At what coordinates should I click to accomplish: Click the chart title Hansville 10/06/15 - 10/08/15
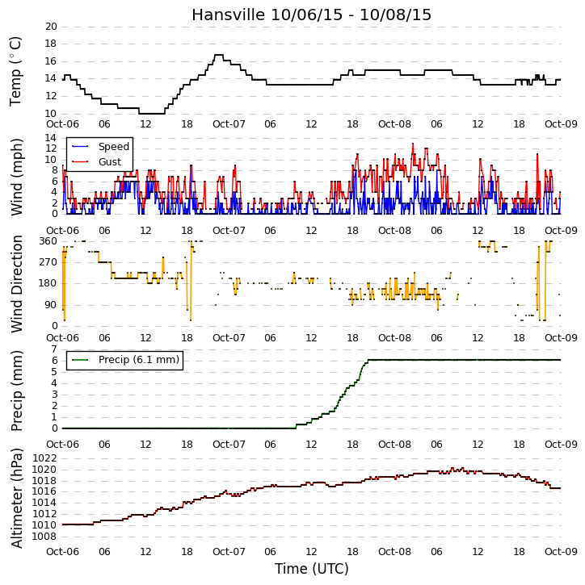pyautogui.click(x=312, y=15)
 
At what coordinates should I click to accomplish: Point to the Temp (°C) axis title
pyautogui.click(x=15, y=71)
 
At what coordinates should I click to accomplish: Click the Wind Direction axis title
pyautogui.click(x=16, y=284)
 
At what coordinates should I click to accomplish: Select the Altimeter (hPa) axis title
pyautogui.click(x=16, y=498)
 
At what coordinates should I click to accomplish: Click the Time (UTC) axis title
pyautogui.click(x=312, y=569)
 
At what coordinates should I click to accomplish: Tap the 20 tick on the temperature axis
pyautogui.click(x=51, y=27)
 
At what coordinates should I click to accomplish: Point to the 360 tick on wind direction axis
pyautogui.click(x=48, y=241)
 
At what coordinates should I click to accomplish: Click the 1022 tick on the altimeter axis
pyautogui.click(x=44, y=458)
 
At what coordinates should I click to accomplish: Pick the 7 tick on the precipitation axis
pyautogui.click(x=54, y=349)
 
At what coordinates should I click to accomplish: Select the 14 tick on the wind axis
pyautogui.click(x=51, y=138)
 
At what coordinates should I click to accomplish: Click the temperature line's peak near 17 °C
pyautogui.click(x=219, y=55)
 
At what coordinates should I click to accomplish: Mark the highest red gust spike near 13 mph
pyautogui.click(x=413, y=144)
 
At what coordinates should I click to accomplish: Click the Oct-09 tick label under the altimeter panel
pyautogui.click(x=561, y=551)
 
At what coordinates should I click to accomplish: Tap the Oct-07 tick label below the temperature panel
pyautogui.click(x=229, y=124)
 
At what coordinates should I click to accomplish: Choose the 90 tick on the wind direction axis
pyautogui.click(x=52, y=305)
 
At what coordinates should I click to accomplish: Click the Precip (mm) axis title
pyautogui.click(x=16, y=391)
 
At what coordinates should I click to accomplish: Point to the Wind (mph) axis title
pyautogui.click(x=16, y=177)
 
